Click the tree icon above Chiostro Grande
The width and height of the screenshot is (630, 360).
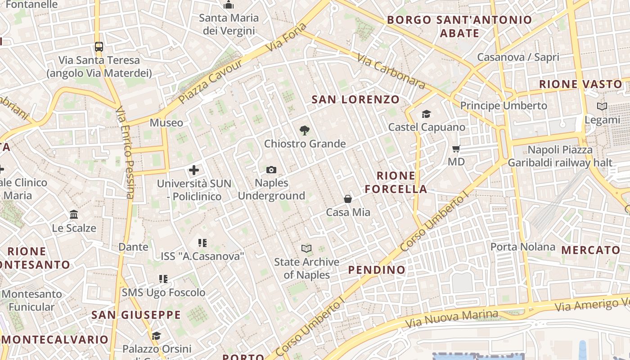coord(305,130)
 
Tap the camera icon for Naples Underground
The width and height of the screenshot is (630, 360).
coord(271,170)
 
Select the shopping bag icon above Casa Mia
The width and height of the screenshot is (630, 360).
coord(348,198)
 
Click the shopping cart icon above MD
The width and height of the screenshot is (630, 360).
coord(456,148)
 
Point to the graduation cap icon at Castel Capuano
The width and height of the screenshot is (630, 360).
coord(426,114)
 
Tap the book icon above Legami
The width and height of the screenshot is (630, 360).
coord(602,107)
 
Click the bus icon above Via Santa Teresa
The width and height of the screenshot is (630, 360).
coord(99,46)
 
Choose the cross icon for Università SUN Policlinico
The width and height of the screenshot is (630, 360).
coord(194,170)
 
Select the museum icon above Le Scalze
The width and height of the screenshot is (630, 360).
coord(74,214)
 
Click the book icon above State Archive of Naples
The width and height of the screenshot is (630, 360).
coord(306,248)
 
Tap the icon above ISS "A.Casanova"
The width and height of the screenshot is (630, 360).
coord(202,243)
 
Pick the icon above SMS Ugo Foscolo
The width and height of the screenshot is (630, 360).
coord(163,279)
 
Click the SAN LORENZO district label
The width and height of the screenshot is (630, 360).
coord(355,99)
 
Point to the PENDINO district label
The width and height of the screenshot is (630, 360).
coord(377,270)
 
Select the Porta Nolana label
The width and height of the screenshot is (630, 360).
coord(523,247)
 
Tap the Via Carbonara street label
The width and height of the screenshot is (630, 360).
coord(391,71)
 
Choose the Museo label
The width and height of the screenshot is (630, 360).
coord(166,122)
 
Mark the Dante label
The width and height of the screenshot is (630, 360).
coord(133,247)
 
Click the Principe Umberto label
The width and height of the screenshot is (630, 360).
coord(504,106)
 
